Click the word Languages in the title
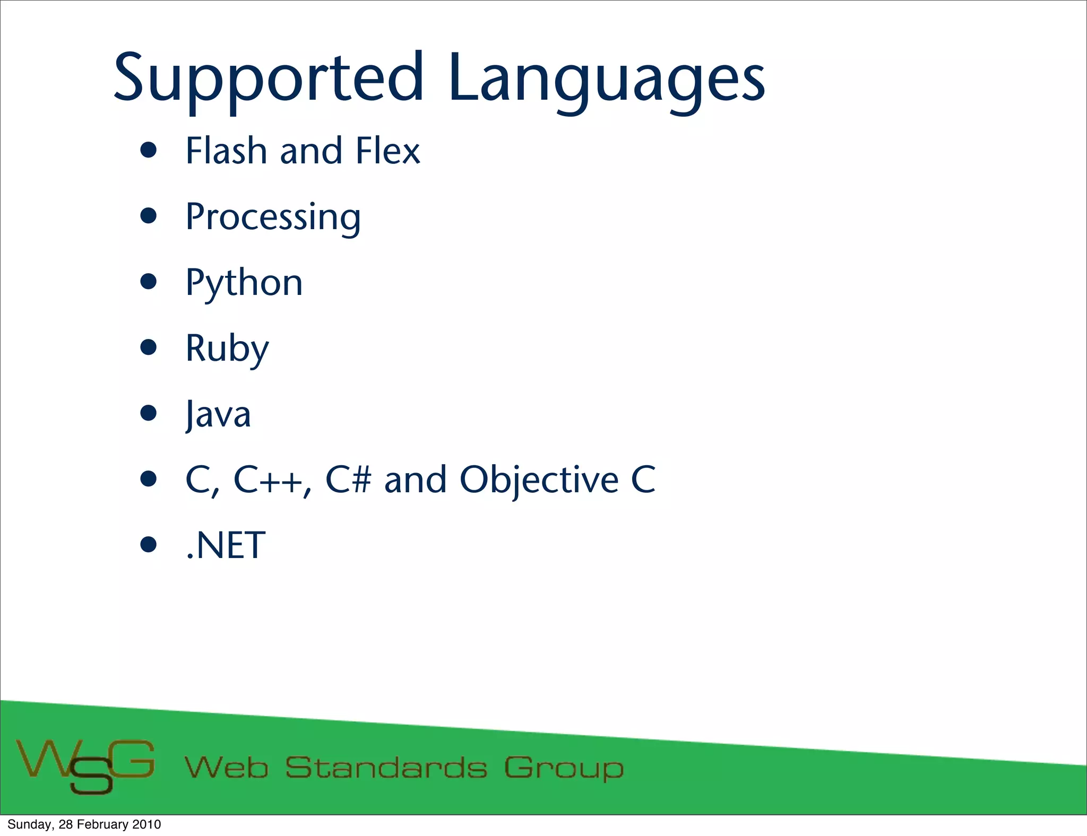tap(606, 80)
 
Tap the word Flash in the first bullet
tap(226, 151)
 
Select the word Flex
tap(388, 151)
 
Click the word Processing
tap(273, 217)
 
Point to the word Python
tap(244, 283)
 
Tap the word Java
tap(218, 415)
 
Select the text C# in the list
tap(348, 480)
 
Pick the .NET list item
tap(226, 545)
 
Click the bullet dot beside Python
tap(149, 282)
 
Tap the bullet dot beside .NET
tap(149, 544)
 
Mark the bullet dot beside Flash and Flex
tap(149, 150)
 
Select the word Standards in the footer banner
tap(386, 768)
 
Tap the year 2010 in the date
tap(146, 824)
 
